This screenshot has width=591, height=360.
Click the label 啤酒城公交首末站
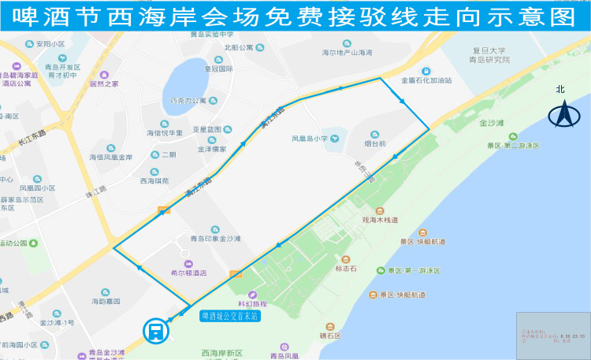(x=230, y=316)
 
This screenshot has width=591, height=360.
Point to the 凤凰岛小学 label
(x=310, y=139)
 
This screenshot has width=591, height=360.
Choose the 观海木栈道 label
(x=380, y=221)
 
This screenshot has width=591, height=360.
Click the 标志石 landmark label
(x=346, y=269)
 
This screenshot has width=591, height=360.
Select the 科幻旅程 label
(x=253, y=303)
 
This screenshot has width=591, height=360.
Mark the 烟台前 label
(x=375, y=144)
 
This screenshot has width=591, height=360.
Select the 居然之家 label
(x=104, y=83)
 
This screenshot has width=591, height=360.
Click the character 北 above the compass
(x=561, y=89)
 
